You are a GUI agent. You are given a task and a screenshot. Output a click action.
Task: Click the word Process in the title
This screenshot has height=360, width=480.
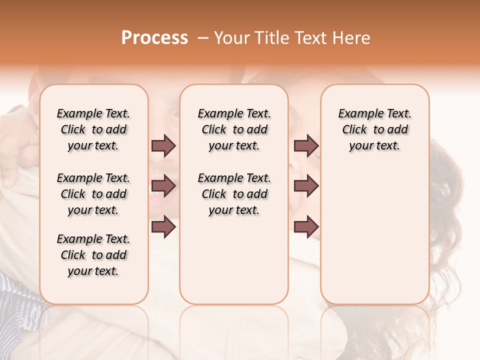pos(154,38)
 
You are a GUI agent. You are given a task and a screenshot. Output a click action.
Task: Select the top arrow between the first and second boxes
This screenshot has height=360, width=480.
pos(163,145)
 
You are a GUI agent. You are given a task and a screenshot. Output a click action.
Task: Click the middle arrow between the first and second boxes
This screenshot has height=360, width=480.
pos(163,186)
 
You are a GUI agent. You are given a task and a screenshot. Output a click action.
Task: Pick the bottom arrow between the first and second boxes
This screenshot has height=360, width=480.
pos(163,226)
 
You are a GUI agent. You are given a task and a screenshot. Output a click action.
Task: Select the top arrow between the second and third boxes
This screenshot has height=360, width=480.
pos(306,145)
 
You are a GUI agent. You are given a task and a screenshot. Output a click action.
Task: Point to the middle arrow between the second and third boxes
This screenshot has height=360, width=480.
pos(306,186)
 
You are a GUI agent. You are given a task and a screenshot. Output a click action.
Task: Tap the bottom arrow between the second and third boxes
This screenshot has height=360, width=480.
pos(306,226)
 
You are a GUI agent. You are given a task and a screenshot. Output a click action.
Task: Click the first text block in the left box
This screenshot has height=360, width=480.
pos(93,129)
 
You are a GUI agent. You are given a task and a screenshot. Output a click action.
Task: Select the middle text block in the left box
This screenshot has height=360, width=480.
pos(93,194)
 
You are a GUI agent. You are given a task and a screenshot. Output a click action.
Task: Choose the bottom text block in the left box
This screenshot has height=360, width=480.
pos(93,255)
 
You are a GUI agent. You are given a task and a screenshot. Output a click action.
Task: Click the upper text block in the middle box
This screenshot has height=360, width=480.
pos(234,129)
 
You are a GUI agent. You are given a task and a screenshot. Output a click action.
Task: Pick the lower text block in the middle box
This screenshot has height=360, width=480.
pos(234,194)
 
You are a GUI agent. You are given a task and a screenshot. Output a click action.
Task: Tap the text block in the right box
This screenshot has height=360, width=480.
pos(374,129)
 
